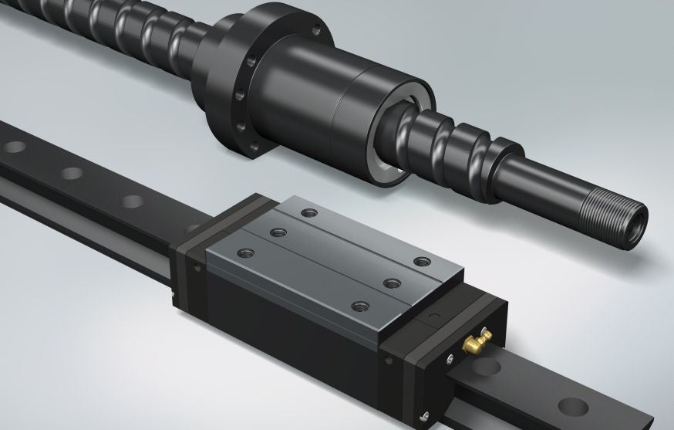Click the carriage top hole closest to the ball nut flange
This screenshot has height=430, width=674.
(x=308, y=210)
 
